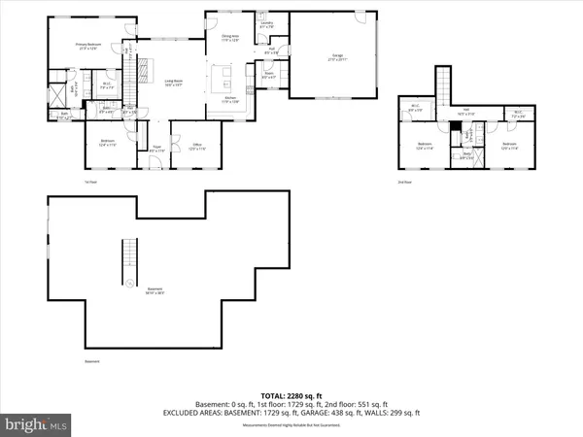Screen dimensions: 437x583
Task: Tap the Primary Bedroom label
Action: coord(89,45)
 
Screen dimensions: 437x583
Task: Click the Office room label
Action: coord(195,147)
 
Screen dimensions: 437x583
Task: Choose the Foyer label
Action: coord(155,149)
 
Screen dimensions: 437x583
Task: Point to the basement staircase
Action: coord(124,258)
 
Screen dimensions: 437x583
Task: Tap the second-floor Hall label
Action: coord(466,112)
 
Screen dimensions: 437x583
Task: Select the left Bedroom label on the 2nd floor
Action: coord(424,147)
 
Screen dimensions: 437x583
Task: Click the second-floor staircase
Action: coord(445,84)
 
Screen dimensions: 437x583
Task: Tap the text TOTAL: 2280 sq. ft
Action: coord(291,395)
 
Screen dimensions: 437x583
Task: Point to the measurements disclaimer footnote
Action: coord(291,423)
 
